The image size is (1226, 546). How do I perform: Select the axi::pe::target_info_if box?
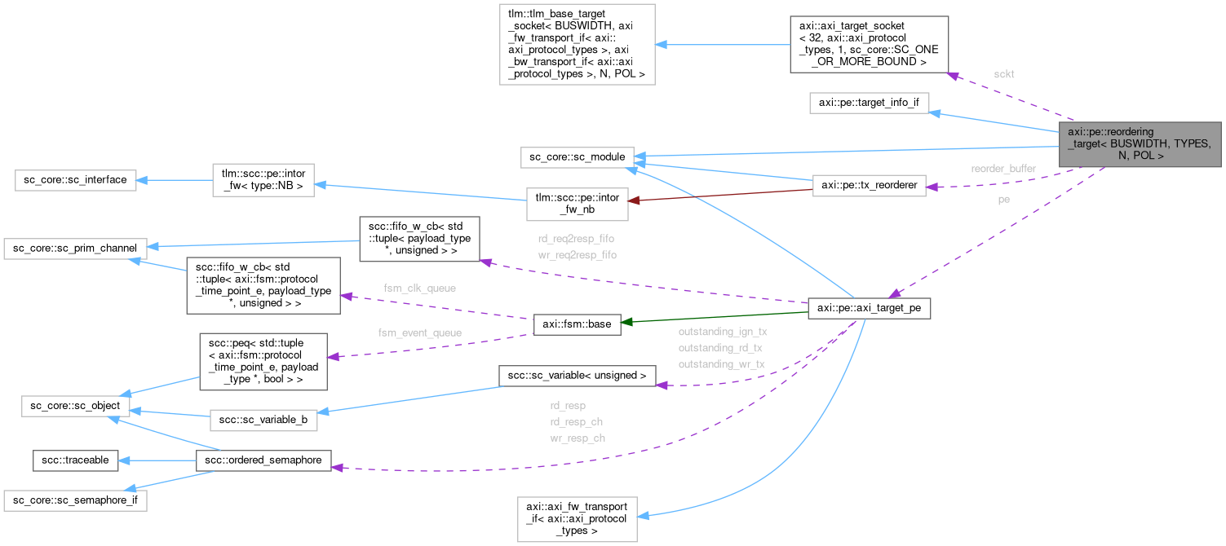coord(869,104)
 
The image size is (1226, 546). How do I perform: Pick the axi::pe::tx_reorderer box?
coord(869,185)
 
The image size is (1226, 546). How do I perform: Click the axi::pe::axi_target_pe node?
coord(869,309)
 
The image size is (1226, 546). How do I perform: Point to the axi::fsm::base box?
coord(577,324)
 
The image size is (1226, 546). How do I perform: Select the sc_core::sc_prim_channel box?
coord(75,246)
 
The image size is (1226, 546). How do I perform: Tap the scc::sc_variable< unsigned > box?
coord(577,375)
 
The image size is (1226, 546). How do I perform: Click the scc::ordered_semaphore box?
coord(263,460)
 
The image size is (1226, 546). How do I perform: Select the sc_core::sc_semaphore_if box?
coord(75,499)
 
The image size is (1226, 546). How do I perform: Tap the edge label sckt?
coord(1004,74)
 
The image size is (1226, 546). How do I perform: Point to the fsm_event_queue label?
coord(420,332)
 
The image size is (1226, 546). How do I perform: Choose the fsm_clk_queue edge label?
coord(420,288)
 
